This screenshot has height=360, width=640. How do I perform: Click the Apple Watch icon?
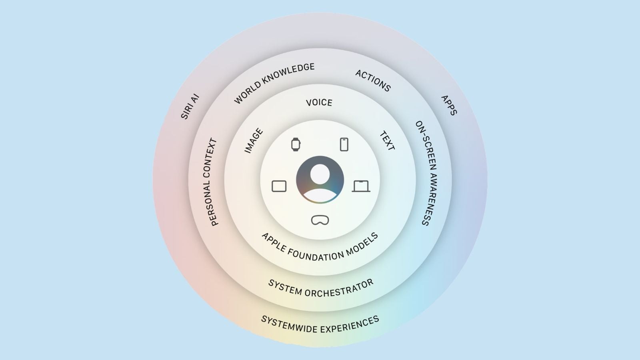tap(296, 144)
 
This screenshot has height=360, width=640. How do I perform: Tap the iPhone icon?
tap(344, 144)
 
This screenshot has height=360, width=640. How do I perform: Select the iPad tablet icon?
tap(279, 186)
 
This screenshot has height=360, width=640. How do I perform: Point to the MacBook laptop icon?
tap(361, 186)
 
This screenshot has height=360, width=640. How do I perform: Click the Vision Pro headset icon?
tap(320, 220)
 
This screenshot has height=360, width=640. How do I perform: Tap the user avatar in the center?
tap(320, 180)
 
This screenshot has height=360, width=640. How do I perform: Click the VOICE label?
tap(319, 102)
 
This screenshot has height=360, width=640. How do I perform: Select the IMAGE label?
tap(254, 140)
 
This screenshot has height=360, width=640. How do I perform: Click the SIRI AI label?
tap(190, 106)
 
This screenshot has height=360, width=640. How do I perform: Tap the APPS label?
tap(449, 105)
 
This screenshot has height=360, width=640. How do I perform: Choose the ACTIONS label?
tap(373, 80)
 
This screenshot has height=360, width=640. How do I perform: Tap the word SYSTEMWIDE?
tap(289, 324)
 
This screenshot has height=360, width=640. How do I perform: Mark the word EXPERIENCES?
tap(350, 325)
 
